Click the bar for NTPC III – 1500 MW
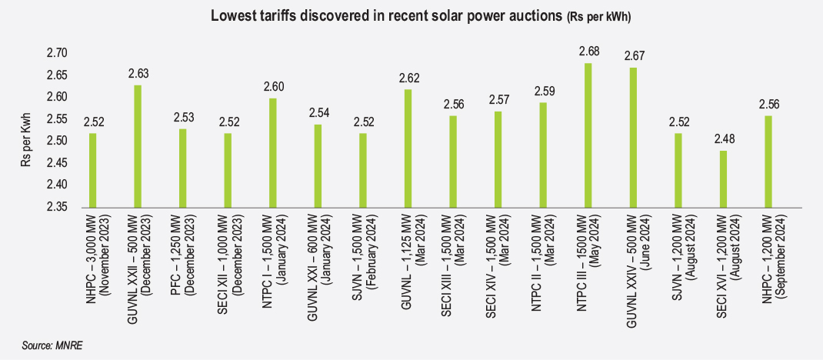click(x=588, y=135)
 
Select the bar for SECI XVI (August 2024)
click(x=723, y=178)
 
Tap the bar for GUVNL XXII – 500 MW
click(x=138, y=146)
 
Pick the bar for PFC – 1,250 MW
click(x=182, y=168)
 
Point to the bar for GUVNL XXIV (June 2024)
click(x=633, y=137)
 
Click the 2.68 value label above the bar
click(x=588, y=52)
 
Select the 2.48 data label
click(x=723, y=139)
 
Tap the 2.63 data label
click(x=138, y=74)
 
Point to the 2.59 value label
click(x=543, y=92)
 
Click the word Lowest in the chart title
click(x=235, y=15)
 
